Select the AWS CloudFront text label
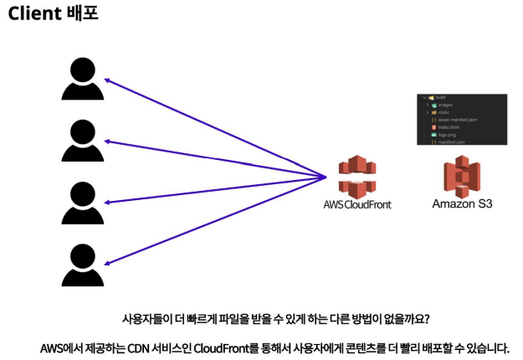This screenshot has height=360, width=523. coord(356,204)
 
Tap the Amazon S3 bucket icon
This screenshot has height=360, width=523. coord(461,176)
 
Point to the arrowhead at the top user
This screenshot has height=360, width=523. coord(107,80)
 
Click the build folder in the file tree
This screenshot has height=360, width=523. coord(441,98)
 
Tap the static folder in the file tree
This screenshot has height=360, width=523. coord(444,112)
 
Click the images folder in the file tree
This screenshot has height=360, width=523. coord(446,105)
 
